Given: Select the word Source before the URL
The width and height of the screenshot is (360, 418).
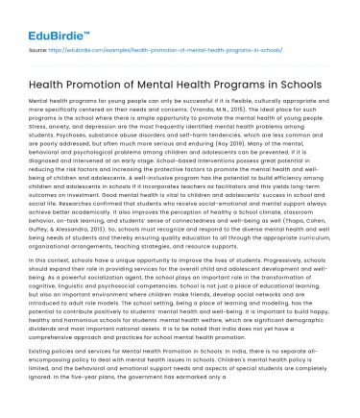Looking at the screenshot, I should pyautogui.click(x=39, y=47).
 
